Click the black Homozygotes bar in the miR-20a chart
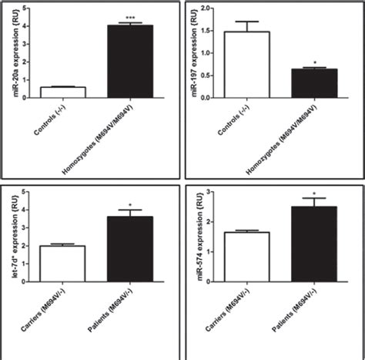click(x=129, y=62)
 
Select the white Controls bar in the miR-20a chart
click(x=63, y=92)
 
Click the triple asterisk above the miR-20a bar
click(x=129, y=16)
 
